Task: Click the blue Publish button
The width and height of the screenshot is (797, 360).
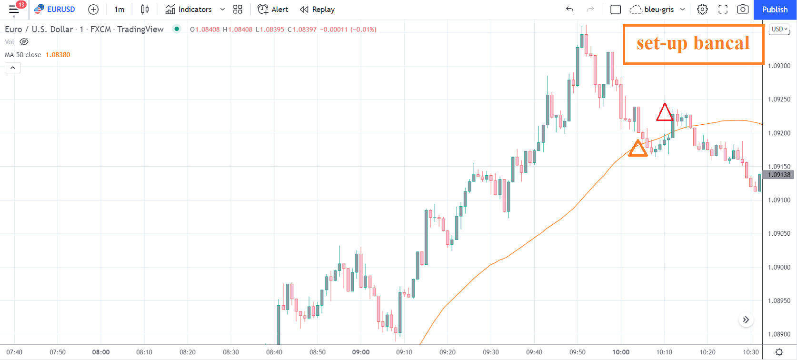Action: point(775,10)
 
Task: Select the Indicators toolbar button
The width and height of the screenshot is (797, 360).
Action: point(189,10)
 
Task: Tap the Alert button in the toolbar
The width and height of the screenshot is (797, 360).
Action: point(273,10)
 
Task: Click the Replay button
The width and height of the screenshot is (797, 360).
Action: point(317,10)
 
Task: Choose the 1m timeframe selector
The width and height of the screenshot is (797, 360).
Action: point(119,10)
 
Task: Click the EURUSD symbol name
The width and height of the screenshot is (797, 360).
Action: point(61,10)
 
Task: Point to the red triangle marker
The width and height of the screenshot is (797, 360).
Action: point(664,113)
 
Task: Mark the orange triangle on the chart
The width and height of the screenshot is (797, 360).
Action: point(638,149)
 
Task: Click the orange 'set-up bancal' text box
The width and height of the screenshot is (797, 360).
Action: point(693,44)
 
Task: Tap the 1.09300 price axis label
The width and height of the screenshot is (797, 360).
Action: point(779,66)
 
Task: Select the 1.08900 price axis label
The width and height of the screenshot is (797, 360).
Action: point(779,334)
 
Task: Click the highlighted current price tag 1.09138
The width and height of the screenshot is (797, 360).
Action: point(779,175)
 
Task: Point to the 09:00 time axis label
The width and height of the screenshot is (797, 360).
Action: point(361,352)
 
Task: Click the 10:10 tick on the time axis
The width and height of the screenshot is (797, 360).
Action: point(664,352)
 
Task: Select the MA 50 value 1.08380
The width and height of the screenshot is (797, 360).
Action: point(58,55)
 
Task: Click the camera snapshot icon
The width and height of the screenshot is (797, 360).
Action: point(743,10)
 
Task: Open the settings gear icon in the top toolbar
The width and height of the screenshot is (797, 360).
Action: point(702,10)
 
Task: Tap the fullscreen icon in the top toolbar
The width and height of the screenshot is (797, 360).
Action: point(723,10)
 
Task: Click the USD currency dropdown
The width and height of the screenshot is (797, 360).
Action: point(779,29)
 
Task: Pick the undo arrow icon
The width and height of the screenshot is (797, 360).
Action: point(569,10)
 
